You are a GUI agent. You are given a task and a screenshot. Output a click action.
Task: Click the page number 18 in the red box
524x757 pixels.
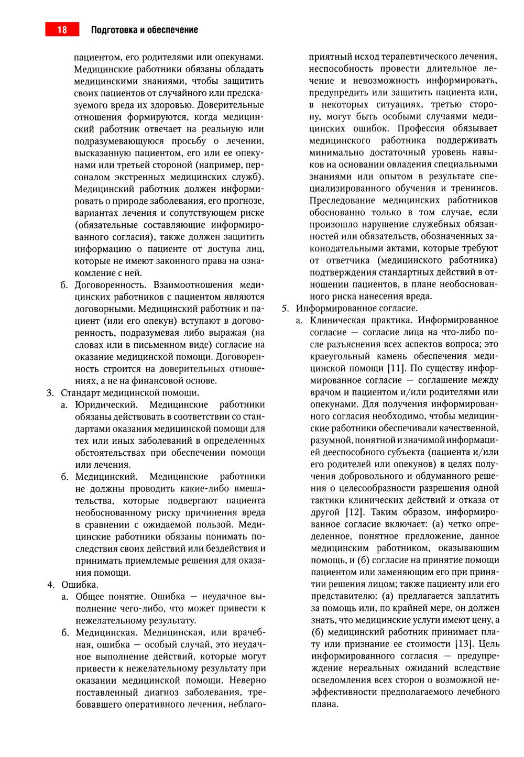[x=62, y=30]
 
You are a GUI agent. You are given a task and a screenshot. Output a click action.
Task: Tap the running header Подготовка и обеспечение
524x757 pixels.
[x=144, y=30]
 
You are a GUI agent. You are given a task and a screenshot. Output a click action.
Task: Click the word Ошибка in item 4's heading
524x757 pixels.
[x=80, y=584]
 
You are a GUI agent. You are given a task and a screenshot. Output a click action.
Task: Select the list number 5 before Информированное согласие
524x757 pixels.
[x=285, y=308]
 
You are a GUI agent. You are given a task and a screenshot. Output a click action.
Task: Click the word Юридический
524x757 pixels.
[x=106, y=404]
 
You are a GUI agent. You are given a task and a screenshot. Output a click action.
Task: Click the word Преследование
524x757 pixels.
[x=342, y=200]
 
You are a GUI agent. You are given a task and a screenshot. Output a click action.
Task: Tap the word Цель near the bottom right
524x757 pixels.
[x=489, y=644]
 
